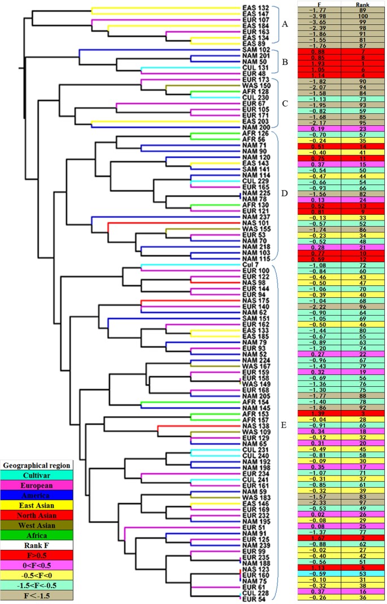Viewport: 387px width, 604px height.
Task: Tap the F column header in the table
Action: tap(319, 4)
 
